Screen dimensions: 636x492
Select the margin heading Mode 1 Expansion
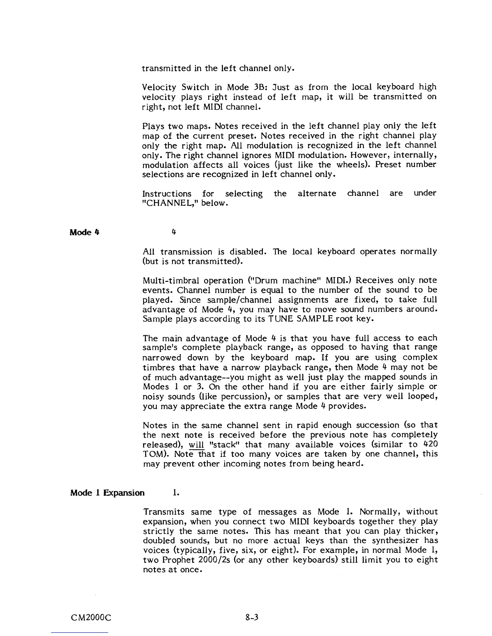pyautogui.click(x=107, y=493)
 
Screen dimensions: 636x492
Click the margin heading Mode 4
pyautogui.click(x=85, y=232)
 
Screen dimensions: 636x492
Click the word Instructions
pyautogui.click(x=167, y=194)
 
